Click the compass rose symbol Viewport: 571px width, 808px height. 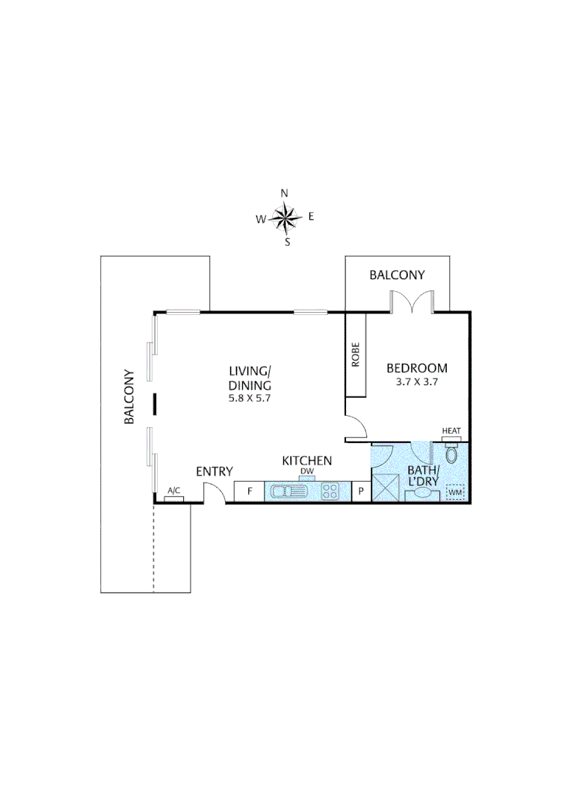pyautogui.click(x=285, y=218)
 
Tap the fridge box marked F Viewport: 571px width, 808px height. pyautogui.click(x=249, y=492)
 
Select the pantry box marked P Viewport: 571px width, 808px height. pyautogui.click(x=361, y=492)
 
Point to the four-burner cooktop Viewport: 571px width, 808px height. pyautogui.click(x=330, y=492)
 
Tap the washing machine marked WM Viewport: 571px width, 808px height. pyautogui.click(x=454, y=492)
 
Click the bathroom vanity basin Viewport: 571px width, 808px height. pyautogui.click(x=422, y=494)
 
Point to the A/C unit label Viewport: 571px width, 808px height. pyautogui.click(x=174, y=491)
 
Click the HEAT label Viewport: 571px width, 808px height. pyautogui.click(x=451, y=431)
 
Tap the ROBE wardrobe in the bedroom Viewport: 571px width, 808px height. pyautogui.click(x=356, y=355)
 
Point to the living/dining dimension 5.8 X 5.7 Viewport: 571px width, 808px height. pyautogui.click(x=249, y=398)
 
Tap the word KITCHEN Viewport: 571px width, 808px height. pyautogui.click(x=306, y=461)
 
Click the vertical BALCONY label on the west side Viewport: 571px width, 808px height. pyautogui.click(x=129, y=397)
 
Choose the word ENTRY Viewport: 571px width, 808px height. pyautogui.click(x=214, y=471)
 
